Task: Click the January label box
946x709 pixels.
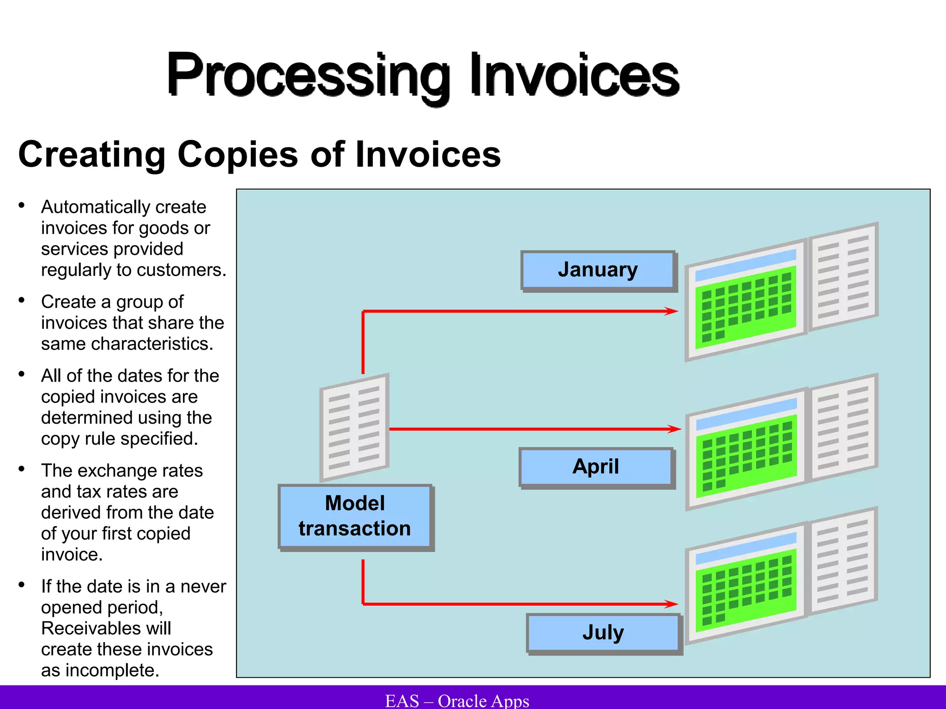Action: [x=598, y=270]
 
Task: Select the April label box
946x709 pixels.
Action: [x=595, y=467]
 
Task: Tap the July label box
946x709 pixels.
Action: [x=602, y=632]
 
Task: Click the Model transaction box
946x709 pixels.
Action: [x=354, y=516]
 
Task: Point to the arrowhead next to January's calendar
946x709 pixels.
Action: [x=672, y=311]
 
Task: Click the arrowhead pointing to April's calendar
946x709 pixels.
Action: [x=675, y=429]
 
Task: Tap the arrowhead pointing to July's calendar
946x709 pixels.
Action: [x=672, y=604]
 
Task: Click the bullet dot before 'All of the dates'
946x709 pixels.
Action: [x=21, y=374]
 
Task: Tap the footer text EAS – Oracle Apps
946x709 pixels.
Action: [x=457, y=701]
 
